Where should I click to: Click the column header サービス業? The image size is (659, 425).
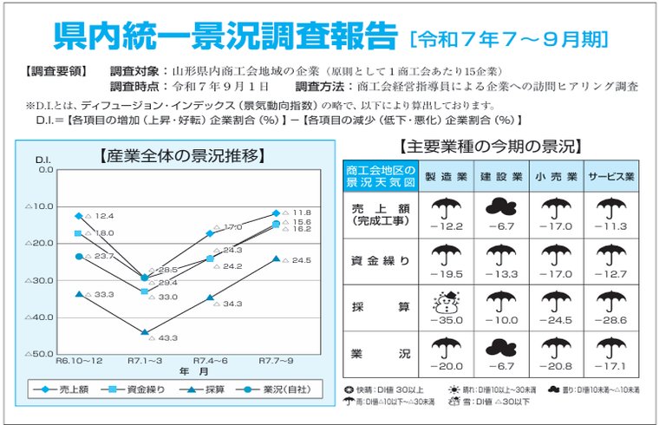click(611, 177)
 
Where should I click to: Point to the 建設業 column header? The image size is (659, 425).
click(502, 177)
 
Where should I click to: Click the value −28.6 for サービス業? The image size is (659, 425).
click(611, 320)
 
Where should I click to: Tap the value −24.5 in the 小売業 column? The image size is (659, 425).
click(556, 320)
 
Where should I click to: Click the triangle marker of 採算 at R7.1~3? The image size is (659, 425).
click(145, 332)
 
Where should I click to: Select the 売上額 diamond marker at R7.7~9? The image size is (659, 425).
click(277, 212)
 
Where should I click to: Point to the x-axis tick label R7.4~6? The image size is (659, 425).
click(210, 359)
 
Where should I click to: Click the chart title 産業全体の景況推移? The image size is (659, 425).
click(182, 156)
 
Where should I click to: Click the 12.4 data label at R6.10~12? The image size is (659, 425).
click(104, 216)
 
